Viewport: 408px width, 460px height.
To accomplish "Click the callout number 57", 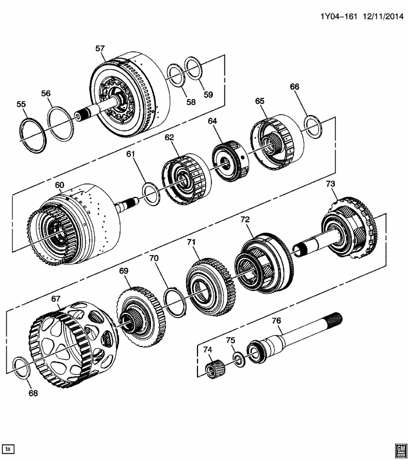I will pos(100,48).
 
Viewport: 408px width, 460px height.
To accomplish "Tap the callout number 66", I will pos(294,87).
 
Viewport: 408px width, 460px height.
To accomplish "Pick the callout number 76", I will pos(276,321).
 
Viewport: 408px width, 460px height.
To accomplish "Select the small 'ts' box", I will pos(8,449).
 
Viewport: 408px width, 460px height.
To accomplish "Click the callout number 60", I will pos(59,185).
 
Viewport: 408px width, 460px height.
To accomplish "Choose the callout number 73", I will pos(331,184).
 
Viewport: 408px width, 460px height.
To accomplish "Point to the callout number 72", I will pos(245,219).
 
